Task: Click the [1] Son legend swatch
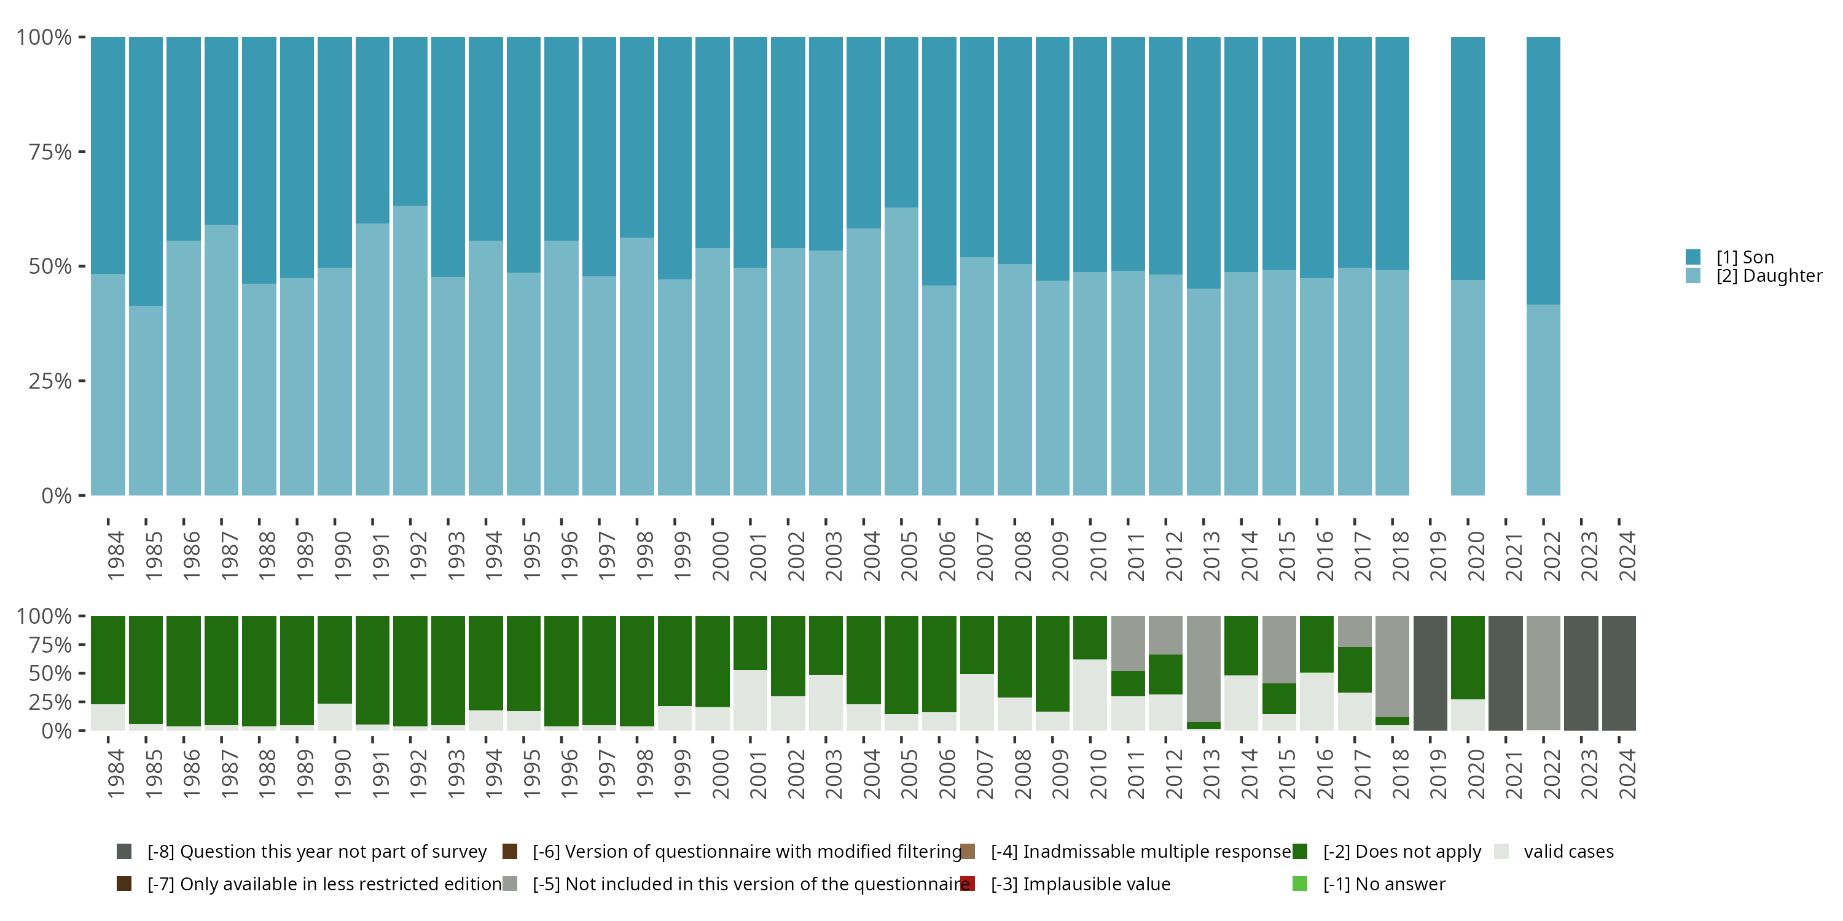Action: [1692, 257]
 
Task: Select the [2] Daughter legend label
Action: [1769, 276]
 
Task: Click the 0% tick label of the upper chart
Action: [56, 495]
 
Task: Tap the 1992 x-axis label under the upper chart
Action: [418, 556]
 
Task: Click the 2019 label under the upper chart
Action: [1438, 556]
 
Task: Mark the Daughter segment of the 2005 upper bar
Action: [901, 351]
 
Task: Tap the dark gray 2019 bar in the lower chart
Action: [1430, 673]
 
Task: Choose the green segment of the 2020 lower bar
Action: [1468, 657]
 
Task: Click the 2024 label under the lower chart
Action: [1626, 774]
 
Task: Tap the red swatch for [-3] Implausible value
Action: [968, 884]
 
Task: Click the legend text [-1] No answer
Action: [1383, 884]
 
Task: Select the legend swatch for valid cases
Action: [1501, 852]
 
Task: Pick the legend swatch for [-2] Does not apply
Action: [1300, 852]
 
